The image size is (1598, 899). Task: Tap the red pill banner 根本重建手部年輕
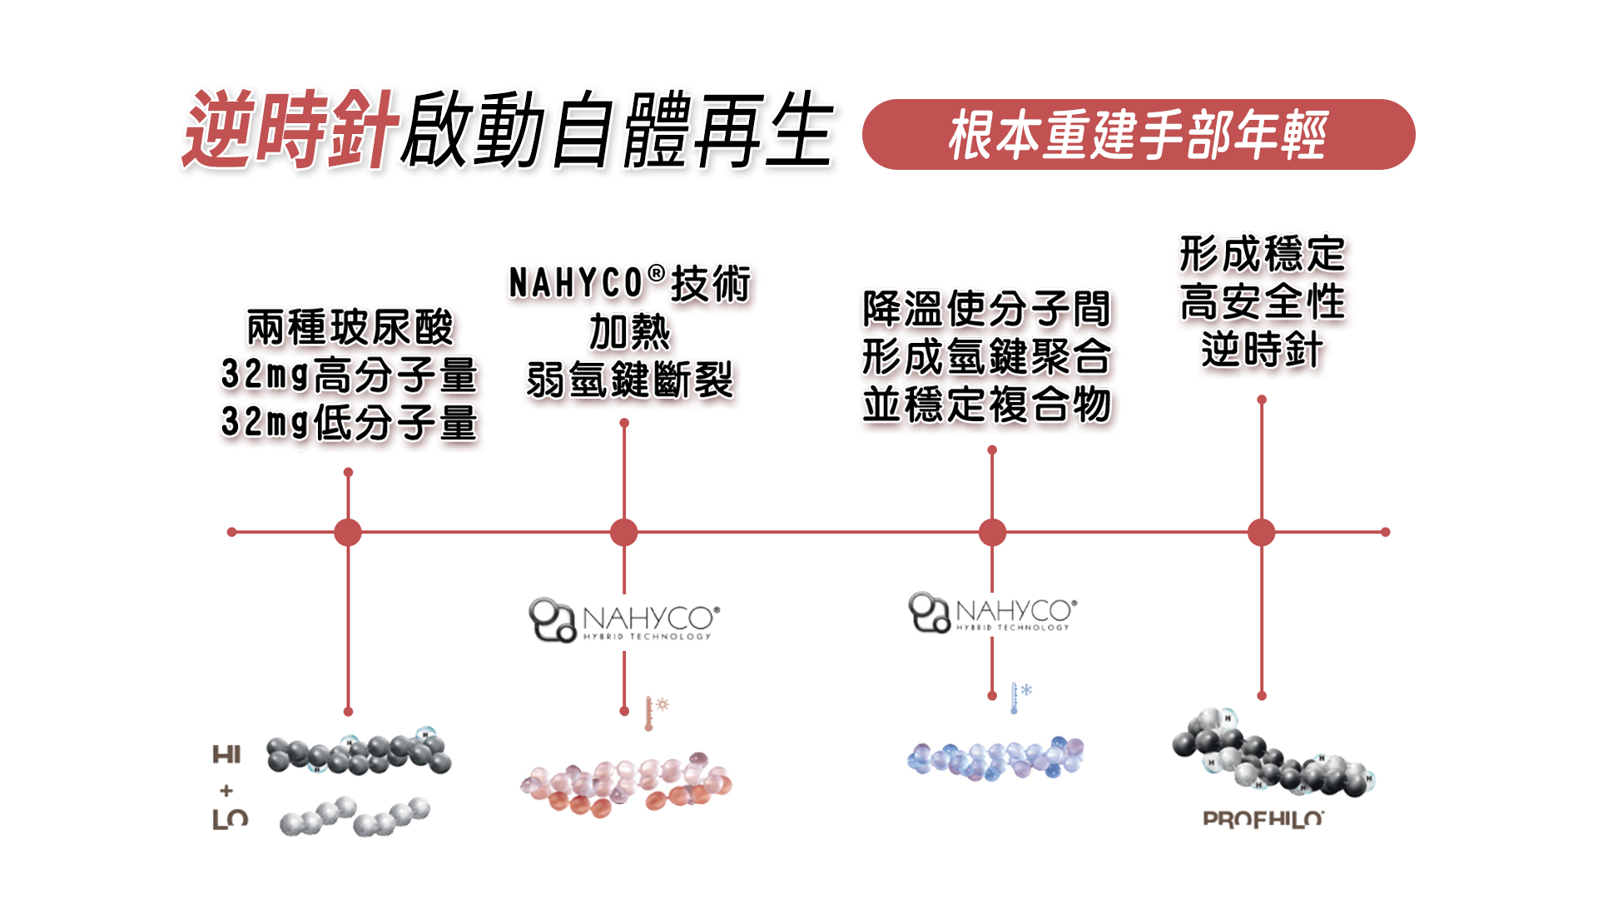click(1138, 135)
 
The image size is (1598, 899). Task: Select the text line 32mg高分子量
click(349, 375)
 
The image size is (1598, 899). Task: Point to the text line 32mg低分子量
click(349, 423)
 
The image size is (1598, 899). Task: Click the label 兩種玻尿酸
click(350, 327)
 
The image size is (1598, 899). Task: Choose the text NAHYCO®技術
click(629, 284)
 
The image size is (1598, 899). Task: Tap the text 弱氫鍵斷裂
click(629, 380)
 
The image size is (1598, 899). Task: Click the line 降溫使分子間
click(986, 309)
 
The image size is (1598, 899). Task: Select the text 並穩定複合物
click(986, 405)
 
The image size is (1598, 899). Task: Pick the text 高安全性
click(1262, 301)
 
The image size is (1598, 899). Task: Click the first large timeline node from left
click(348, 532)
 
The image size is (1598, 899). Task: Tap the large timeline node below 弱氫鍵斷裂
click(624, 532)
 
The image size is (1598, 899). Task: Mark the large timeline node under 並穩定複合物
click(992, 532)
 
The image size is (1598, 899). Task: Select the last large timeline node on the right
click(1262, 532)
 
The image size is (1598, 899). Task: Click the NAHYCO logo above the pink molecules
click(624, 620)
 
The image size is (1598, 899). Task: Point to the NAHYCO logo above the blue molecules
click(992, 613)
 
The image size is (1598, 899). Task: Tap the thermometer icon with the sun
click(655, 713)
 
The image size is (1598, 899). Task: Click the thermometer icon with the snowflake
click(1020, 697)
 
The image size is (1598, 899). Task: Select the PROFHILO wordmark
click(1263, 819)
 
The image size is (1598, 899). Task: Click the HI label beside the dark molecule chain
click(226, 755)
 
